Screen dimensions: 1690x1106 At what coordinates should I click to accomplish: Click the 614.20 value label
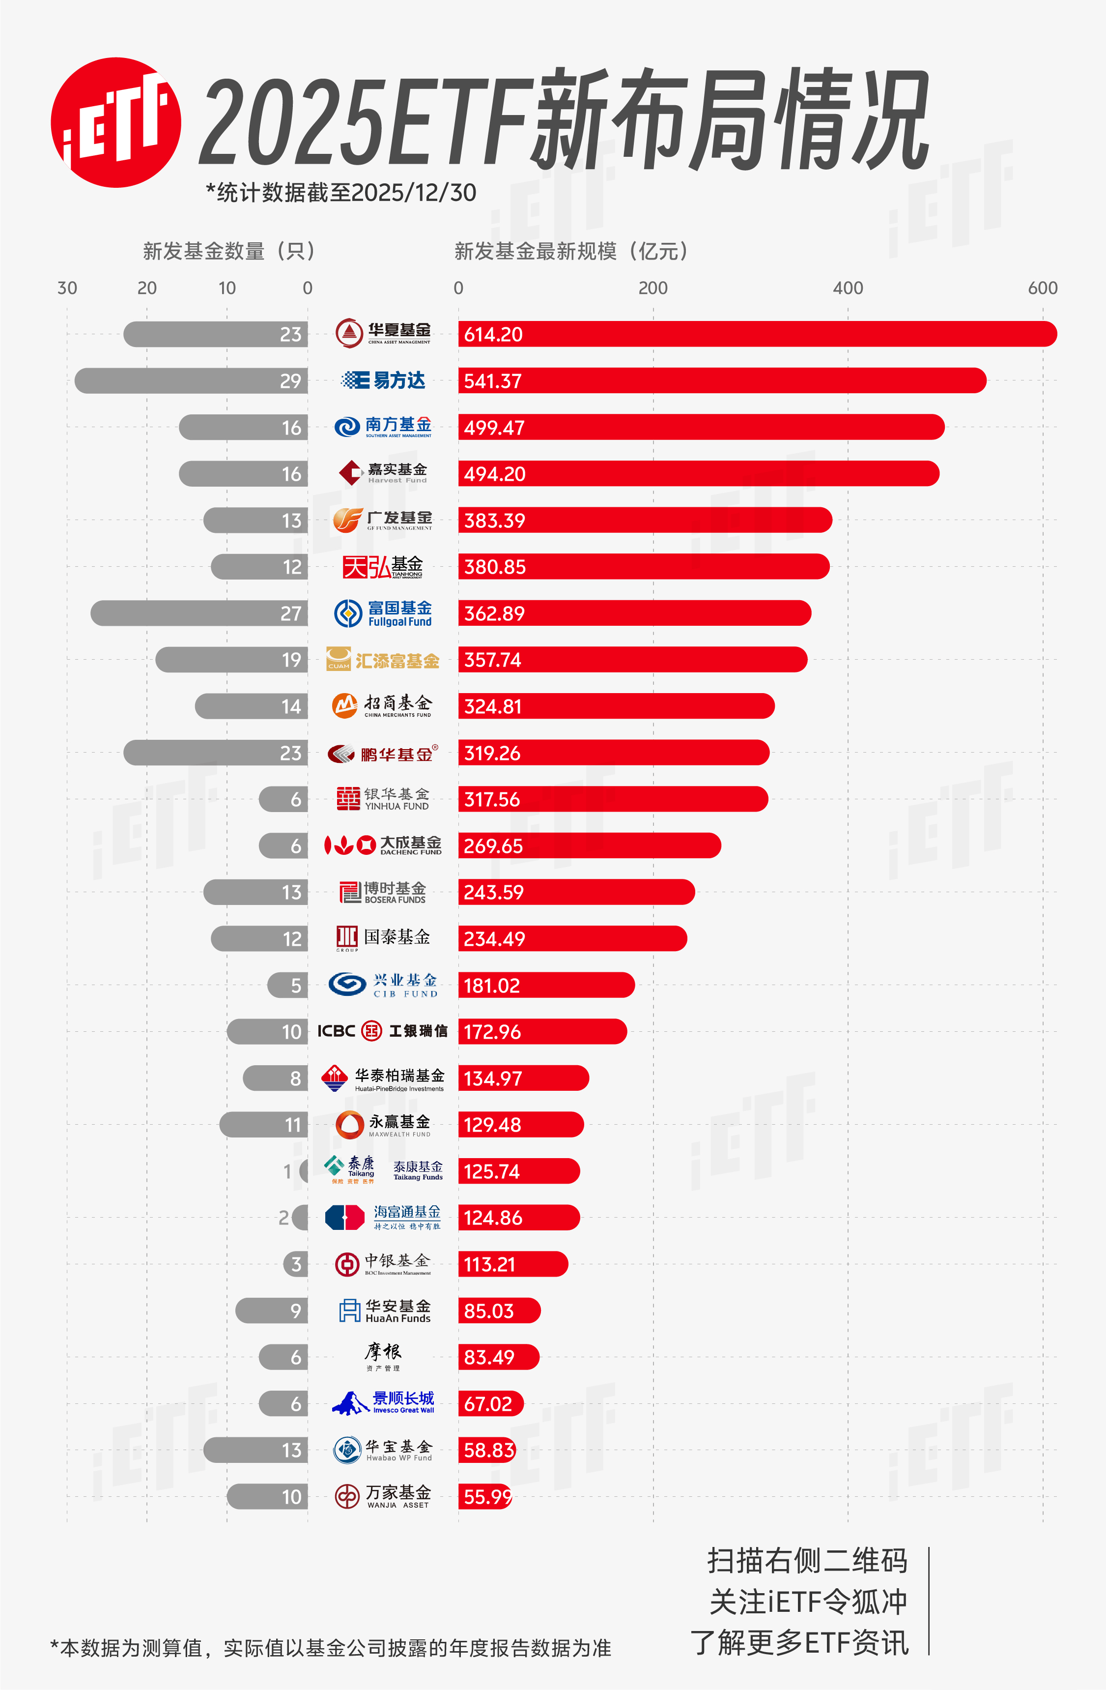tap(493, 334)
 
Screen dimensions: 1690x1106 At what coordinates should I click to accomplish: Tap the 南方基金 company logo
tap(383, 427)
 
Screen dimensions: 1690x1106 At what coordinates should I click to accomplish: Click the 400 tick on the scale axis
tap(848, 288)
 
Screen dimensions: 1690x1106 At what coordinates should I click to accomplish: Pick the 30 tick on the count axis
tap(67, 288)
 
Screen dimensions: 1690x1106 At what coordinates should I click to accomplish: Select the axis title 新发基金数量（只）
tap(228, 251)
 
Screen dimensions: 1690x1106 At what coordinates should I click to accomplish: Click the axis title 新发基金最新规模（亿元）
tap(571, 251)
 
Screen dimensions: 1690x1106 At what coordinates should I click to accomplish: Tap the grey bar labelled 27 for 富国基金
tap(199, 613)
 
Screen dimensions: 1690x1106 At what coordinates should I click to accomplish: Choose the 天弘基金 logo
tap(383, 567)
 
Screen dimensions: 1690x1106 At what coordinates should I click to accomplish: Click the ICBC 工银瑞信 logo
tap(383, 1031)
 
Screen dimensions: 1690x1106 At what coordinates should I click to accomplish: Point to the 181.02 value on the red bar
tap(492, 986)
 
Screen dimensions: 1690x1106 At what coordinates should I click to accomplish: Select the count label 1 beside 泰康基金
tap(287, 1171)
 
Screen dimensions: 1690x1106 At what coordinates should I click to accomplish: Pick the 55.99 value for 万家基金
tap(488, 1496)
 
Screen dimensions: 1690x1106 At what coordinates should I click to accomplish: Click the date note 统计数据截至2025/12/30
tap(341, 192)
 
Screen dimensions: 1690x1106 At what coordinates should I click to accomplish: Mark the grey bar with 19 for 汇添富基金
tap(231, 660)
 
